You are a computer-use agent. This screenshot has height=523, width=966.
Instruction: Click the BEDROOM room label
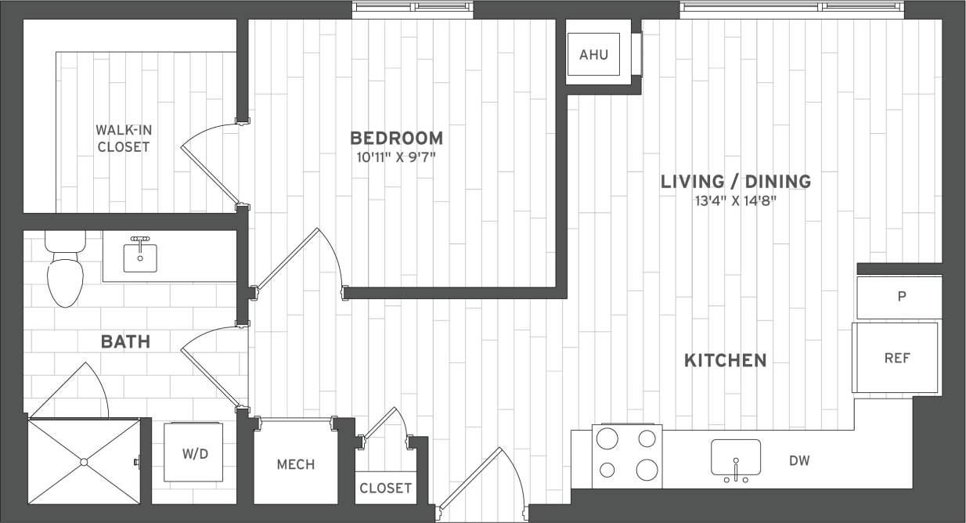pyautogui.click(x=396, y=139)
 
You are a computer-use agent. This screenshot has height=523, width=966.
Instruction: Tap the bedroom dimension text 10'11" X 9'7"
pyautogui.click(x=396, y=157)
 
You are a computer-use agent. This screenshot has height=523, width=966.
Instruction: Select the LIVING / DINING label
pyautogui.click(x=735, y=182)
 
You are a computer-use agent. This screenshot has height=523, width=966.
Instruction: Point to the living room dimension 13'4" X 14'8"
pyautogui.click(x=735, y=200)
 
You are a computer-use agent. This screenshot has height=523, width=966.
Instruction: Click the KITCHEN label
pyautogui.click(x=725, y=361)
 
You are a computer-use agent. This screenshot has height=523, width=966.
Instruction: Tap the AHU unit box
pyautogui.click(x=593, y=55)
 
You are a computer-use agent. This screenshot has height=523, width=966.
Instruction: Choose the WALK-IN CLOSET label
pyautogui.click(x=123, y=138)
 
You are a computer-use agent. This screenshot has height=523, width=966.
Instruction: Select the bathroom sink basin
pyautogui.click(x=140, y=257)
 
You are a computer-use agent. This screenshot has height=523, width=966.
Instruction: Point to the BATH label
pyautogui.click(x=125, y=342)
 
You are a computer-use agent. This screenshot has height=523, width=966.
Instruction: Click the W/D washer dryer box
pyautogui.click(x=193, y=453)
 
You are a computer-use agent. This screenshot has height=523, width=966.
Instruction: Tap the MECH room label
pyautogui.click(x=295, y=464)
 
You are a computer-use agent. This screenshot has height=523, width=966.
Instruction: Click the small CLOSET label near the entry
pyautogui.click(x=385, y=488)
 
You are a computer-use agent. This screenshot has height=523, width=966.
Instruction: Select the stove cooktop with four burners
pyautogui.click(x=627, y=456)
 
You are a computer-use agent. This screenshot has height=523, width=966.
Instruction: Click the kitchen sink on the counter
pyautogui.click(x=736, y=459)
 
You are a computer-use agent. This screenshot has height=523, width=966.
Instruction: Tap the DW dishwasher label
pyautogui.click(x=799, y=460)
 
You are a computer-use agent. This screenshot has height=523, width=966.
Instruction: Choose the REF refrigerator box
pyautogui.click(x=896, y=358)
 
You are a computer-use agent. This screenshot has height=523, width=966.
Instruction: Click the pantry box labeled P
pyautogui.click(x=899, y=298)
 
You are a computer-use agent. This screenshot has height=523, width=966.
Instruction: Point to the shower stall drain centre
pyautogui.click(x=83, y=462)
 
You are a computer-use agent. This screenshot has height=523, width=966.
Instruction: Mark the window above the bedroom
pyautogui.click(x=413, y=8)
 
